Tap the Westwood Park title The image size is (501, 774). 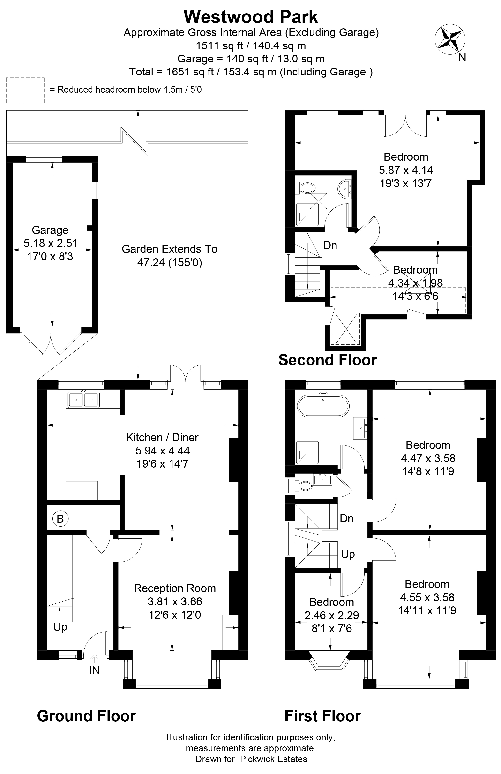coord(251,17)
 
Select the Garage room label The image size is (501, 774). coord(50,230)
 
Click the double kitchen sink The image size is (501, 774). coord(84,399)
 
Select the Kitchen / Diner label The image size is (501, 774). coord(162,437)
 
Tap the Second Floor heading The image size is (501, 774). coord(328,360)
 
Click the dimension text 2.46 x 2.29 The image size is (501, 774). coord(331,615)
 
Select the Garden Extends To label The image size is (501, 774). coord(170,249)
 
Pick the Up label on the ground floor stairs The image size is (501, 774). coord(60,628)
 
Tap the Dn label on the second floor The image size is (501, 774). coord(330,245)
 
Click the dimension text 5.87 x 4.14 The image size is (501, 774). coord(406,170)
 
